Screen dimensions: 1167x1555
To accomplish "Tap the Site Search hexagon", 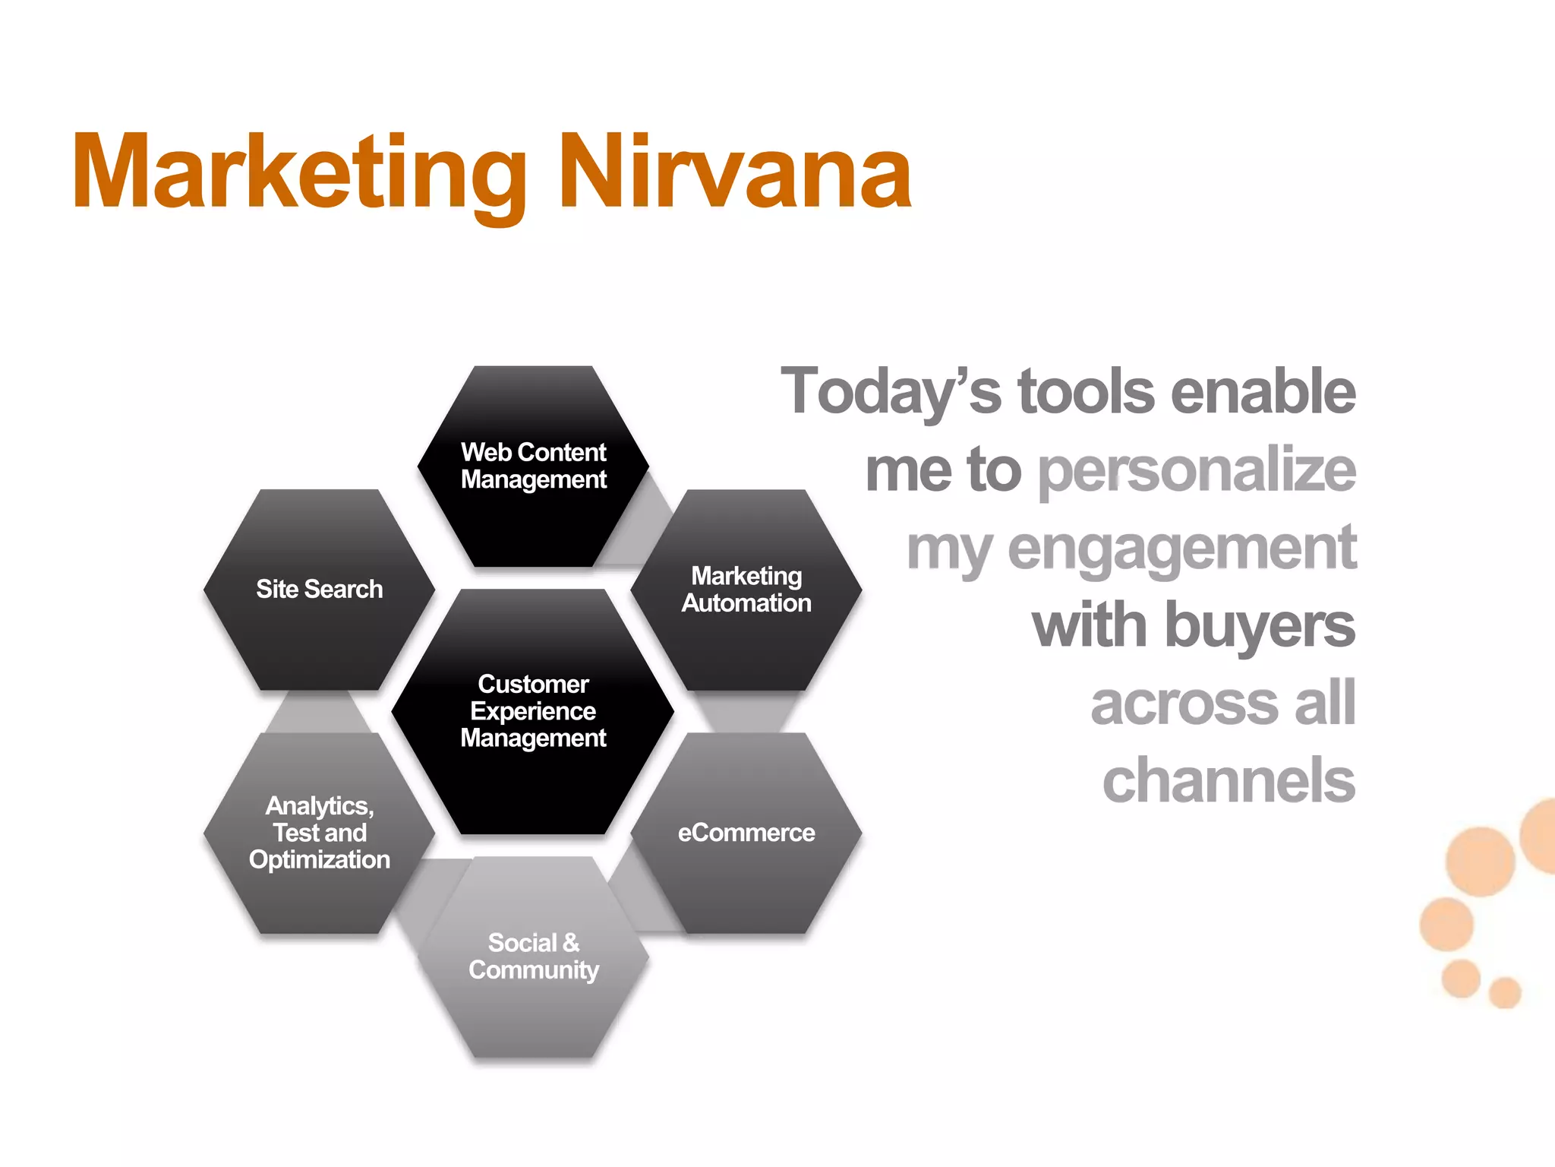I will [319, 590].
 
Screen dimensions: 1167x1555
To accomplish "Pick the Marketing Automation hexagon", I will [746, 590].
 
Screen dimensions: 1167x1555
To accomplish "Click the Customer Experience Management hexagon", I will [533, 711].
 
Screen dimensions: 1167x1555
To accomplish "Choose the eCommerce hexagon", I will [746, 833].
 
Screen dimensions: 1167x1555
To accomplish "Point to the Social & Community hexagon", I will [533, 957].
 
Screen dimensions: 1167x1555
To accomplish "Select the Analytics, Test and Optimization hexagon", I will [319, 833].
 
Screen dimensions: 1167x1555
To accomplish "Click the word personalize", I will [1197, 471].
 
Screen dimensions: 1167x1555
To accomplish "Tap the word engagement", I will [1181, 549].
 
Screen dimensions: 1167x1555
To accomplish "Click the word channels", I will [1229, 781].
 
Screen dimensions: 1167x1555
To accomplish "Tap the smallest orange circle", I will [1505, 992].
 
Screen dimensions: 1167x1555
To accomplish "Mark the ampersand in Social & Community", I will [571, 943].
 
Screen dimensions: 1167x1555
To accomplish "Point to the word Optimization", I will [319, 860].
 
